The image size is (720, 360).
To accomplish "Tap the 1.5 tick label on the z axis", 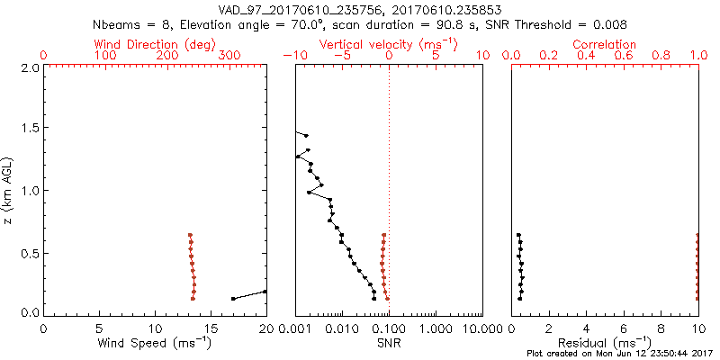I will (30, 129).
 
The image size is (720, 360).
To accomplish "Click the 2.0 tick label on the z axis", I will (30, 67).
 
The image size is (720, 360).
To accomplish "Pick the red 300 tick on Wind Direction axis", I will (229, 56).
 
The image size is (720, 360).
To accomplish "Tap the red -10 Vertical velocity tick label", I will (290, 56).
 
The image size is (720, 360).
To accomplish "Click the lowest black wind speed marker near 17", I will (233, 298).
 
